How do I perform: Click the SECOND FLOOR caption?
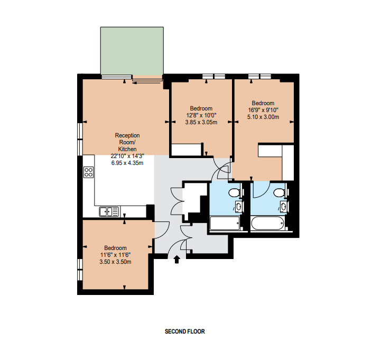(x=184, y=331)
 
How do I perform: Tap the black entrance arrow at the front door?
(x=176, y=260)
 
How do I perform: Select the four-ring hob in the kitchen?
(x=88, y=172)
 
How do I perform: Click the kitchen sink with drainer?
(x=109, y=211)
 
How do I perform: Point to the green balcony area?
(x=132, y=51)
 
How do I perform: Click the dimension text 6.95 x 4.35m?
(x=127, y=163)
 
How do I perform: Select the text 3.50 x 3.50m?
(x=115, y=262)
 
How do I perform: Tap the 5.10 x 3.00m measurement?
(x=263, y=117)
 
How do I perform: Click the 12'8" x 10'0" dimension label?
(x=201, y=116)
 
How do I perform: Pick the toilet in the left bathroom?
(x=235, y=192)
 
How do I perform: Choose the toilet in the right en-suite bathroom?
(x=280, y=192)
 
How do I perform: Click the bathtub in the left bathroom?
(x=225, y=223)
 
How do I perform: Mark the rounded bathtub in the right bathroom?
(x=267, y=223)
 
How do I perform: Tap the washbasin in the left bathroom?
(x=238, y=207)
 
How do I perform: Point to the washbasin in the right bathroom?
(x=283, y=207)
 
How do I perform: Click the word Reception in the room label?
(x=127, y=135)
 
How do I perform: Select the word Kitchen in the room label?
(x=127, y=149)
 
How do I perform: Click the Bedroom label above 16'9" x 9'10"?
(x=263, y=103)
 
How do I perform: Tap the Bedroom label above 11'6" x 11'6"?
(x=116, y=248)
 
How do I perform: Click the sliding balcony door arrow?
(x=146, y=83)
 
